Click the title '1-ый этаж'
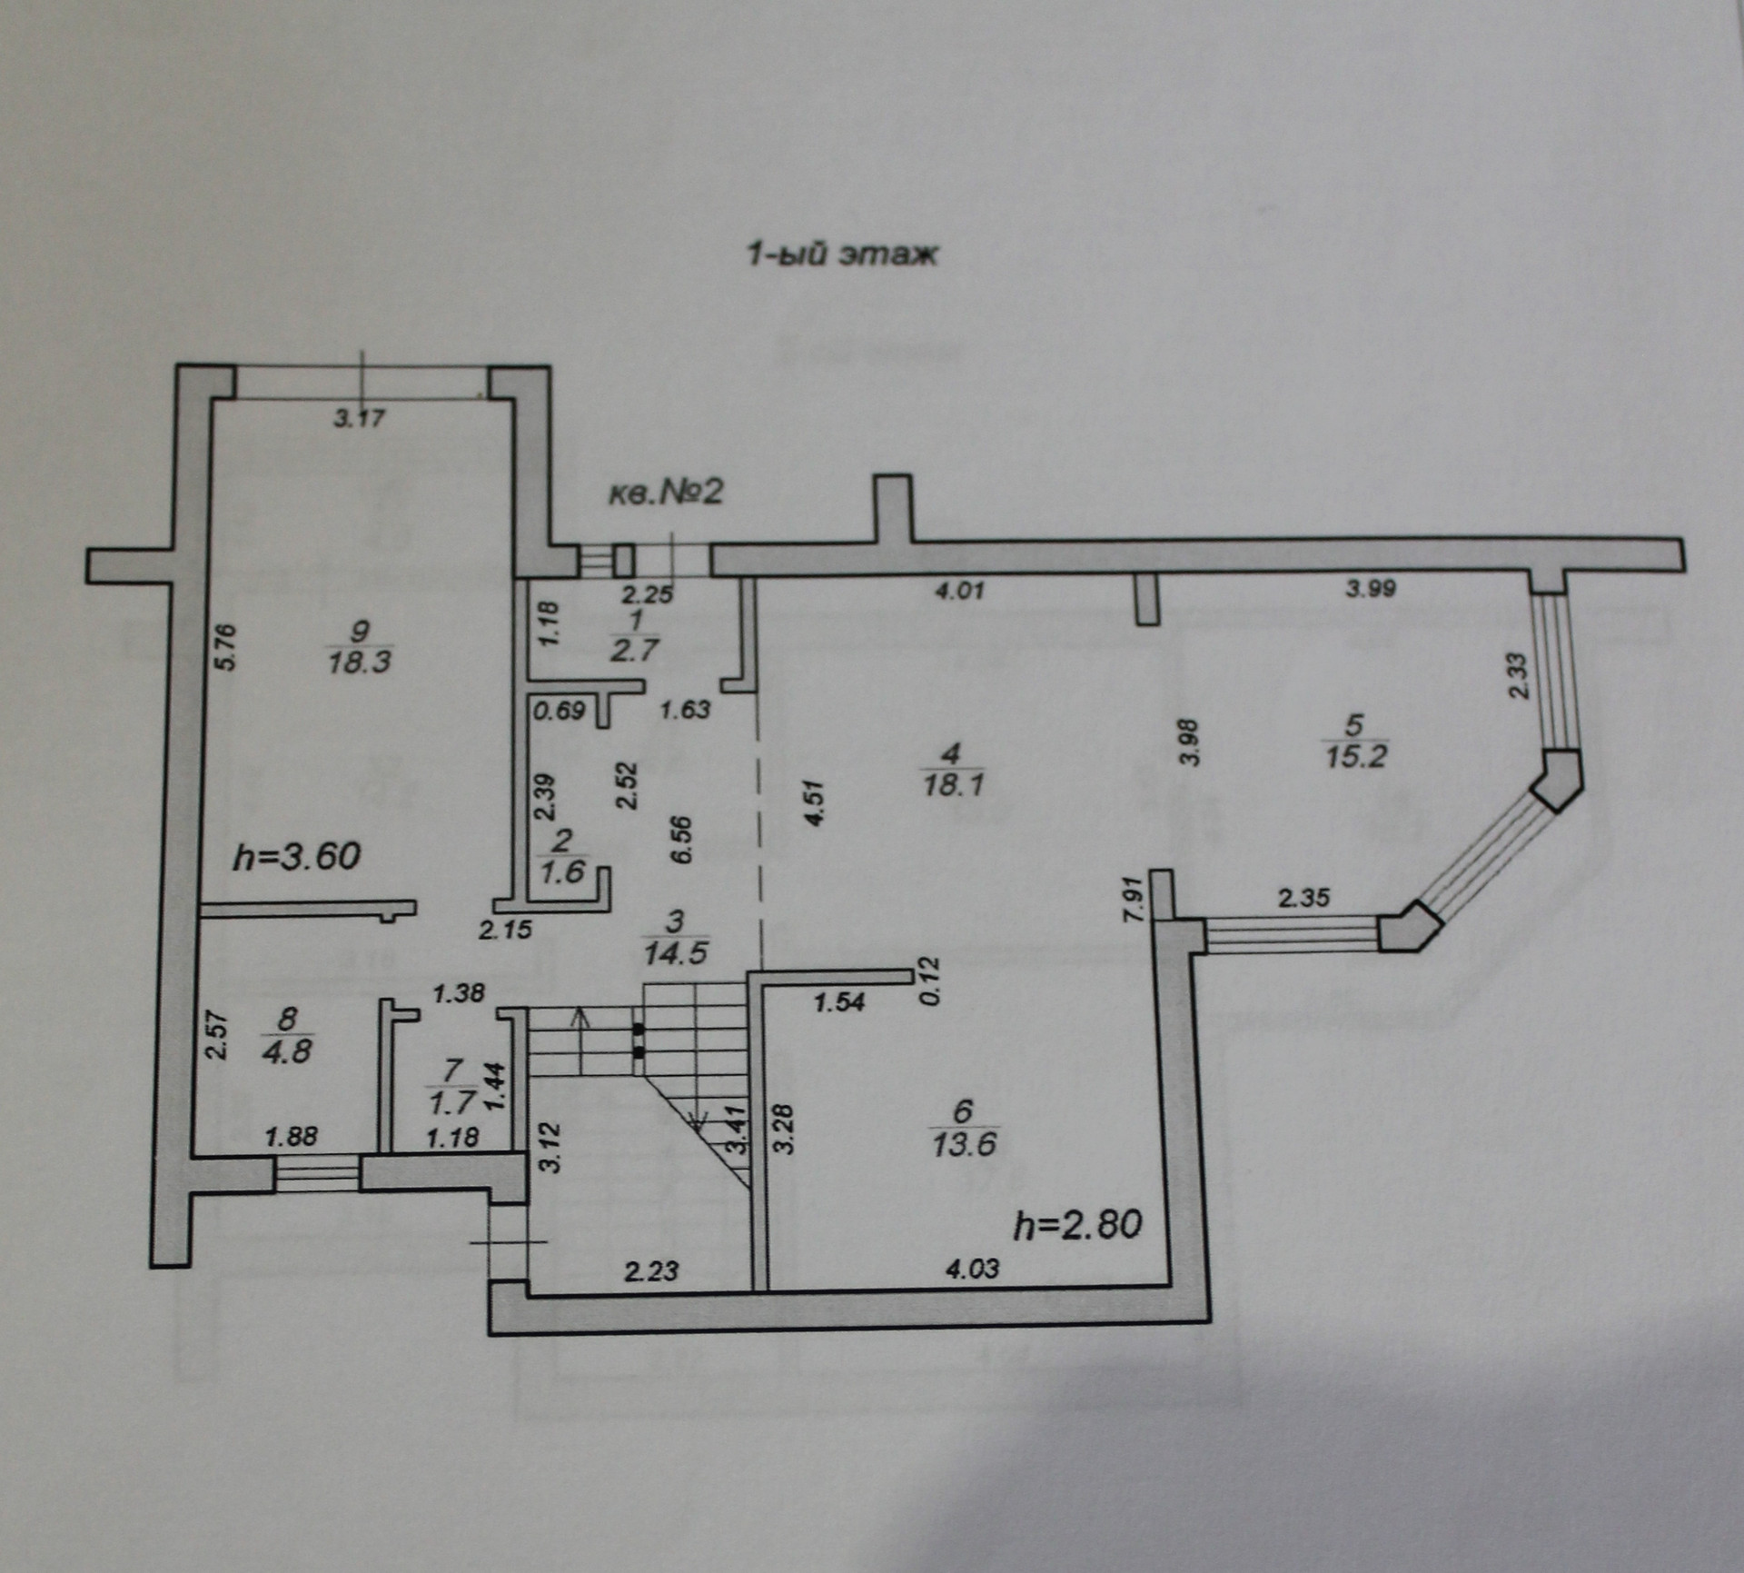click(841, 255)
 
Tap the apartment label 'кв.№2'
click(665, 493)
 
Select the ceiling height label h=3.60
click(297, 856)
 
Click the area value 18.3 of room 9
click(360, 661)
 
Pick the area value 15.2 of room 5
click(1355, 755)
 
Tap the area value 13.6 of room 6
click(964, 1143)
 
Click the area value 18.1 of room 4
click(953, 783)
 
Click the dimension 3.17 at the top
click(360, 419)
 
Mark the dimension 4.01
click(959, 592)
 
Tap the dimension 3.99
click(1371, 589)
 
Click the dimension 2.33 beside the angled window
click(1519, 676)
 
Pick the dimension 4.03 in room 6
click(973, 1268)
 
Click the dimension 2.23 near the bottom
click(651, 1269)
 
